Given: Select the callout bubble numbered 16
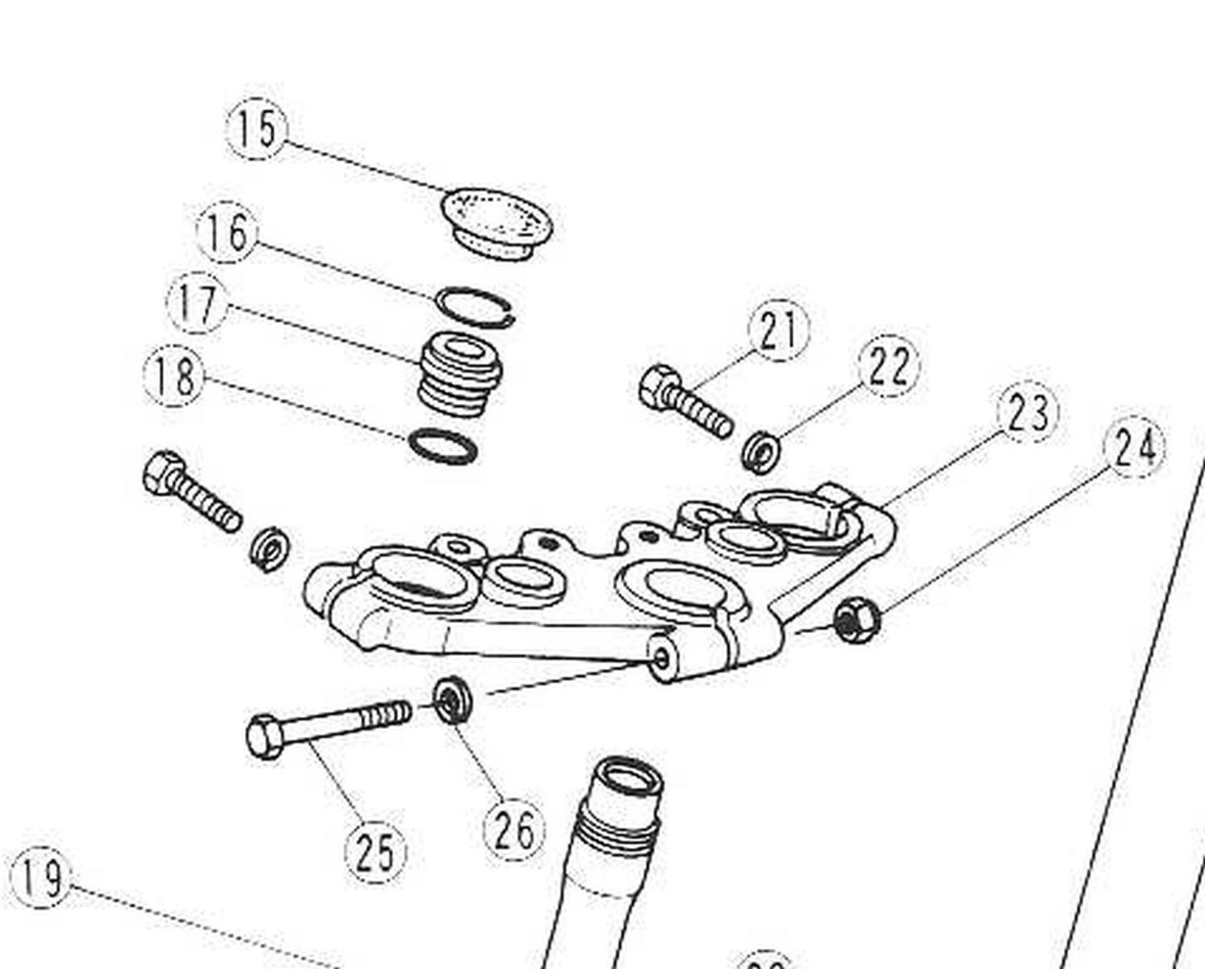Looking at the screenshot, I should pyautogui.click(x=228, y=233).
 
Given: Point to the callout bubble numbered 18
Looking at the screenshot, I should pyautogui.click(x=174, y=376).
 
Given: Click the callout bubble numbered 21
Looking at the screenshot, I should pyautogui.click(x=780, y=330).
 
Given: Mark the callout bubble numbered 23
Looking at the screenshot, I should pyautogui.click(x=1027, y=412).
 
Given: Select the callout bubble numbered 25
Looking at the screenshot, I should pyautogui.click(x=376, y=853).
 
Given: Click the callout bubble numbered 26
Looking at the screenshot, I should pyautogui.click(x=514, y=829).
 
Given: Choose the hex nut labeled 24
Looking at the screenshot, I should pyautogui.click(x=853, y=620).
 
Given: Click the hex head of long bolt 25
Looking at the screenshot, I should pyautogui.click(x=266, y=736).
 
